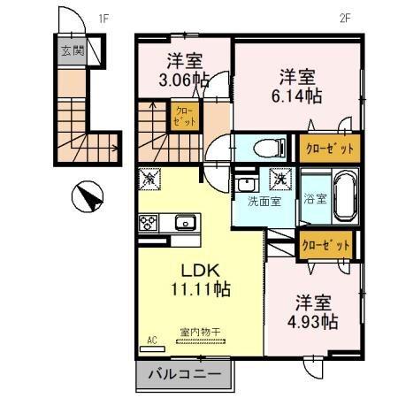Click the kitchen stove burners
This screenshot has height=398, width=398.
(148, 223)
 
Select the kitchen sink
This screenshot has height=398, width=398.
(186, 222)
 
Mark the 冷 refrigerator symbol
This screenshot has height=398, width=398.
(148, 178)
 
